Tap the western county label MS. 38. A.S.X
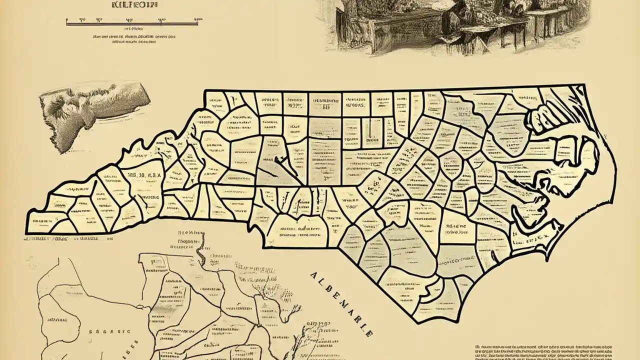point(144,175)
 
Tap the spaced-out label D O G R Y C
point(110,331)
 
